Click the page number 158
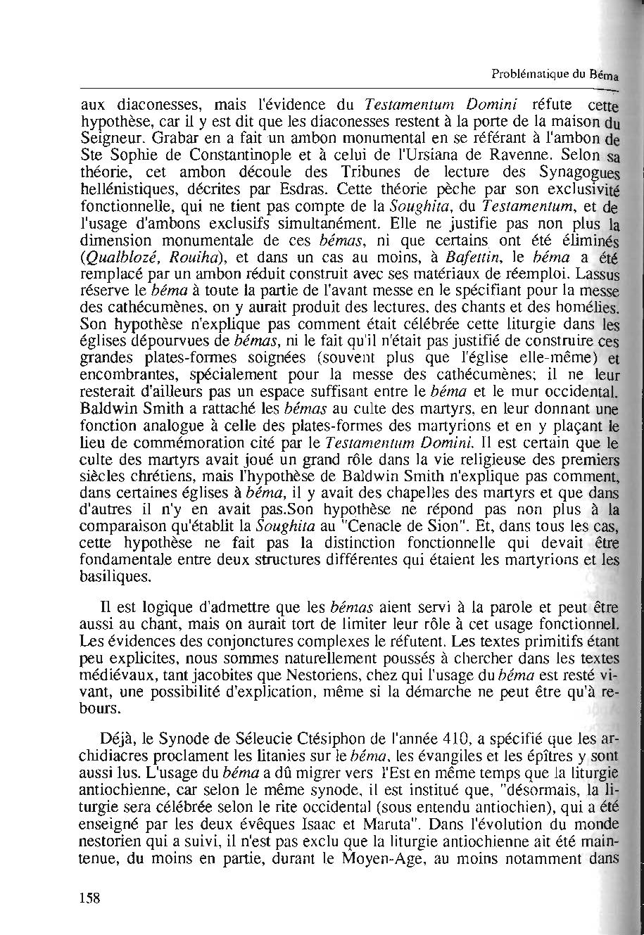[x=89, y=897]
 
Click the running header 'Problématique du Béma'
[x=555, y=74]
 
